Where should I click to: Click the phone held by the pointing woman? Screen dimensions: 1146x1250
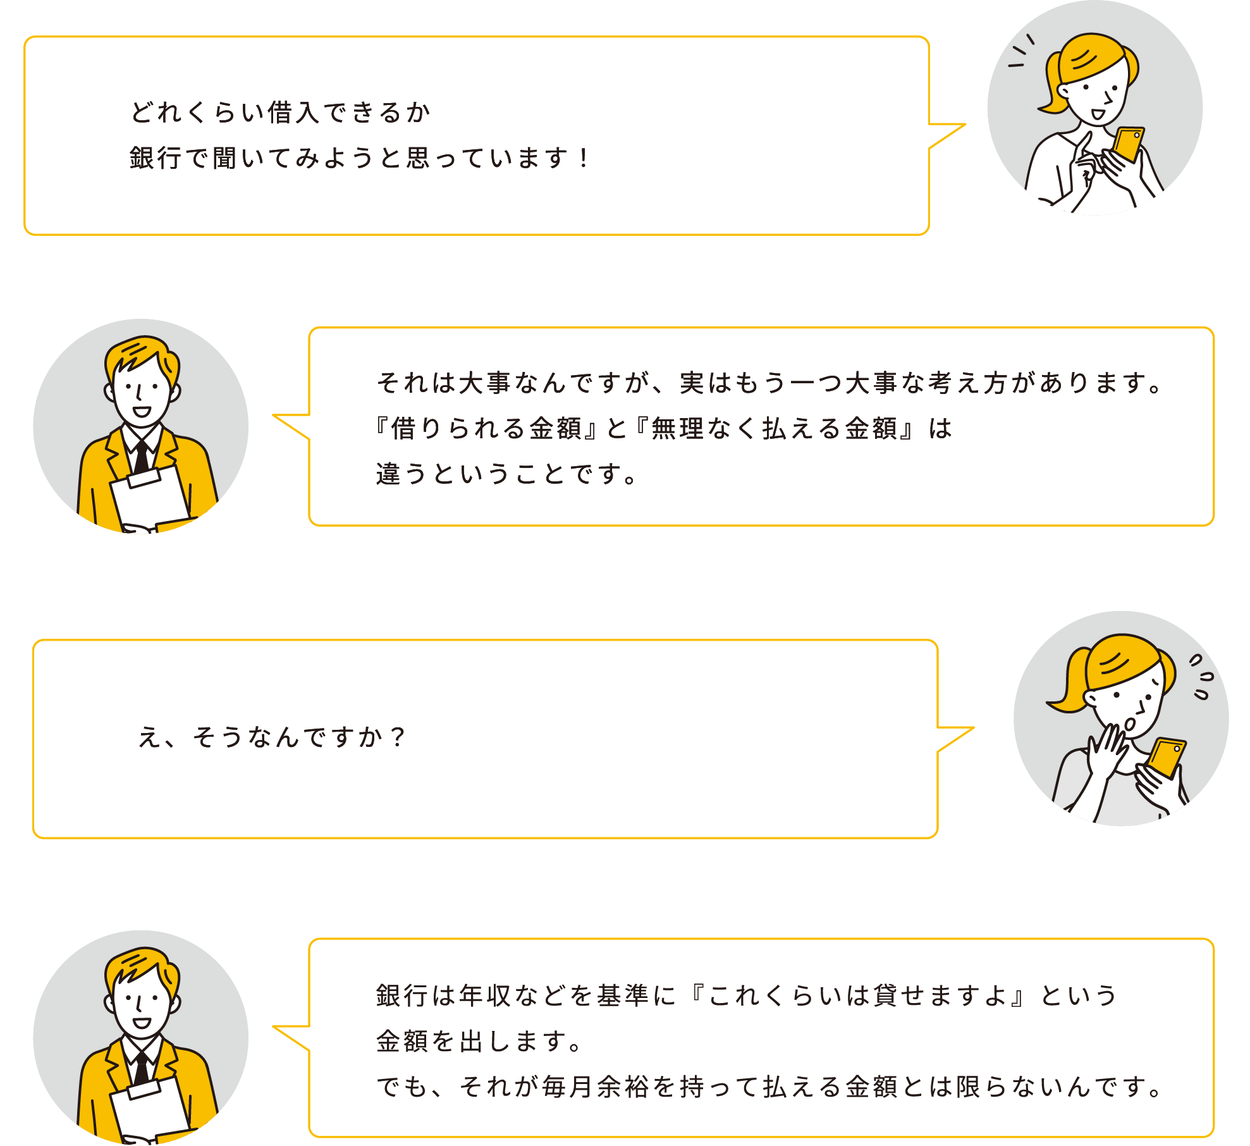(x=1127, y=144)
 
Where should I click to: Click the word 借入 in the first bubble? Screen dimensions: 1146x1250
(x=293, y=113)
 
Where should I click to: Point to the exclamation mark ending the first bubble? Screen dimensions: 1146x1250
(x=584, y=158)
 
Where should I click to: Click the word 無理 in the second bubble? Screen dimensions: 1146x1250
(x=677, y=428)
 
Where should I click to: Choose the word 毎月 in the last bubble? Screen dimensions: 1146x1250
(x=568, y=1087)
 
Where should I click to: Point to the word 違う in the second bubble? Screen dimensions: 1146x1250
(x=402, y=474)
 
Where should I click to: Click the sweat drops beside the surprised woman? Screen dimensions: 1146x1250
(x=1201, y=677)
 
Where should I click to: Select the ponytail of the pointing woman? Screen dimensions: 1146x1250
(x=1053, y=85)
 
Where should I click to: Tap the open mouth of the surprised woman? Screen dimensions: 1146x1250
(x=1130, y=724)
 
